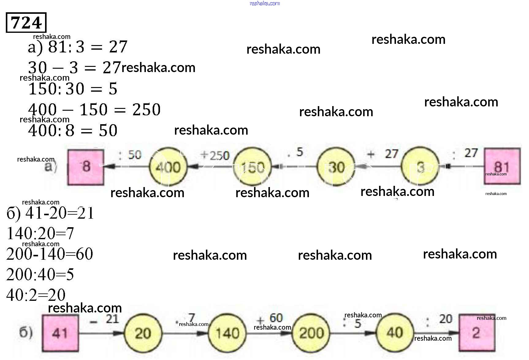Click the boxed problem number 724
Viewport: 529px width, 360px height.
pos(26,23)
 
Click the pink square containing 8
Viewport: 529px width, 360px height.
pos(86,167)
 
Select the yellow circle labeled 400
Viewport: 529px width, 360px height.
pos(168,167)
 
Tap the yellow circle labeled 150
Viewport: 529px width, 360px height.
pos(252,167)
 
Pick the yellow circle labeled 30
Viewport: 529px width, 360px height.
pos(336,167)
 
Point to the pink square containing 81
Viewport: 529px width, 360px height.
pos(502,166)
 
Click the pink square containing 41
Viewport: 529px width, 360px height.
pos(60,333)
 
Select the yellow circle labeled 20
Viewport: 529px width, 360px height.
pos(143,333)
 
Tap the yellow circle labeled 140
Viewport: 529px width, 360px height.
pos(227,333)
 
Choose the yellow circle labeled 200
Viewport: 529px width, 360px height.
pos(311,333)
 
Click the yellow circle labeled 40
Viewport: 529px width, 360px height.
pos(394,332)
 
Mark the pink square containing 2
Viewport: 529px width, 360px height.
pos(476,332)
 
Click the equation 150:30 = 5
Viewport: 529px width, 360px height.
pos(73,89)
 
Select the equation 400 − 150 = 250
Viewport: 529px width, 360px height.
pos(94,110)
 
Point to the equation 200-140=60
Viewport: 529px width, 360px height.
pos(49,254)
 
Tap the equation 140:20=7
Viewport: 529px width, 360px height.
pos(40,234)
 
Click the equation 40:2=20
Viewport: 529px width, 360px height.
pos(36,295)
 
